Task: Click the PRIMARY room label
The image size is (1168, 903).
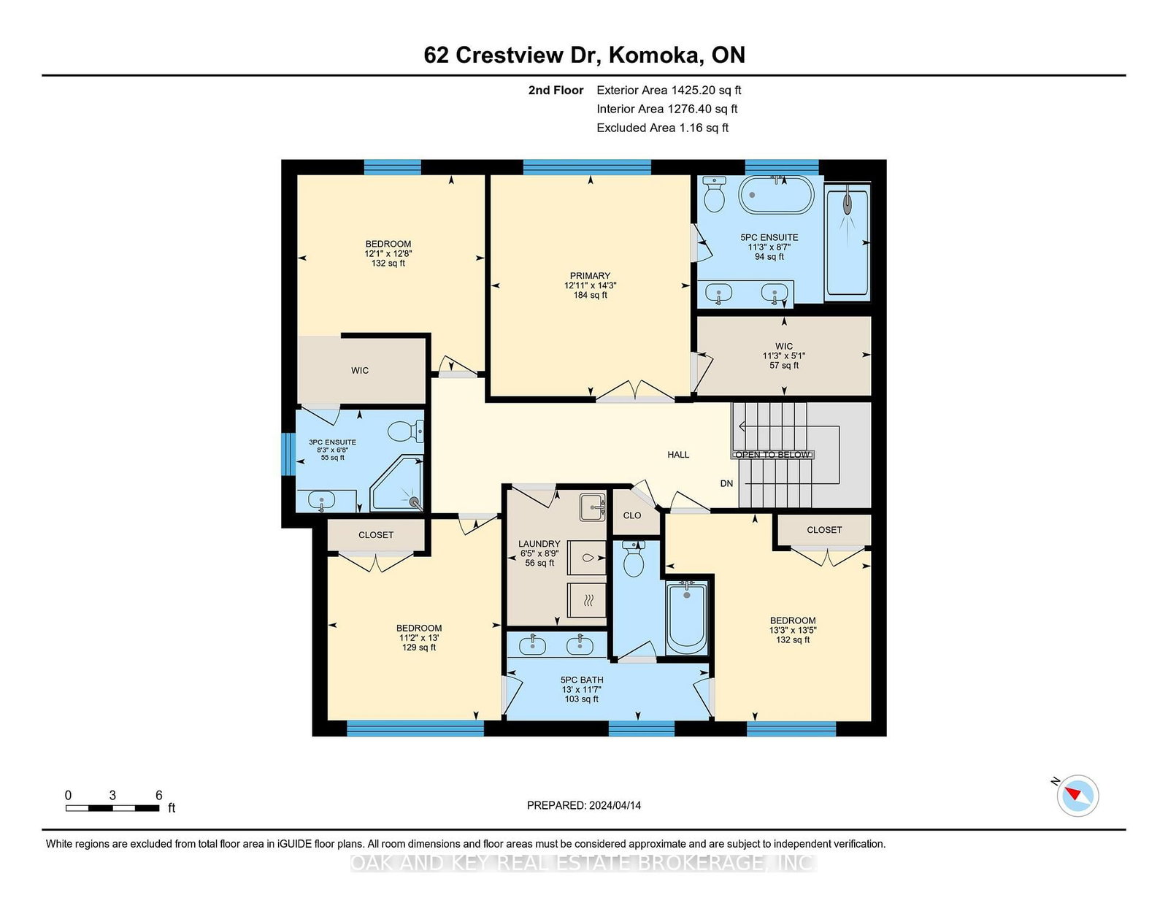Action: (x=590, y=276)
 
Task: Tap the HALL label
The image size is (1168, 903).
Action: (x=678, y=455)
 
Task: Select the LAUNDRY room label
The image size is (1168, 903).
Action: (x=539, y=544)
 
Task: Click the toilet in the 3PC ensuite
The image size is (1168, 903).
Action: (x=406, y=431)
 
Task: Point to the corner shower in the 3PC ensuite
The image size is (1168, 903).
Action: (x=397, y=483)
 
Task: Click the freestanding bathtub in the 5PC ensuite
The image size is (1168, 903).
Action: (x=776, y=196)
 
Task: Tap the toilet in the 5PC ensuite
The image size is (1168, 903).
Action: (x=715, y=194)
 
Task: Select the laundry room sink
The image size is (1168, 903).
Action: (x=592, y=507)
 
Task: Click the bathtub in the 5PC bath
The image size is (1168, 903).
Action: (x=686, y=618)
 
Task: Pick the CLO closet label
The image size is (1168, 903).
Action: (x=632, y=515)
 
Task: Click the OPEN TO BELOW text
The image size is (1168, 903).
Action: (x=772, y=455)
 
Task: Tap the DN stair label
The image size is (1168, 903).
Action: (x=726, y=483)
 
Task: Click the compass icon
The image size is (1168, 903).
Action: (x=1077, y=796)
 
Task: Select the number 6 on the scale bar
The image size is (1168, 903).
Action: (x=158, y=795)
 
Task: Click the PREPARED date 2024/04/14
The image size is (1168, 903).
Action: (x=615, y=805)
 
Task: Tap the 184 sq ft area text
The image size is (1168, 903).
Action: (x=590, y=295)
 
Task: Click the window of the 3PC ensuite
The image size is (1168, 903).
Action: (x=288, y=455)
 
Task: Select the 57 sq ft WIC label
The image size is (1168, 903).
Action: (x=784, y=366)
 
